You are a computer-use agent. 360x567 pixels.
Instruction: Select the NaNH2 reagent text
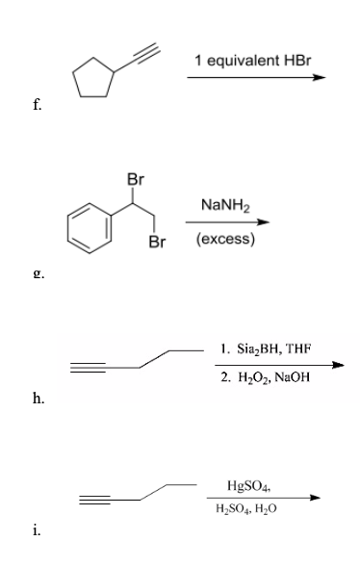point(227,204)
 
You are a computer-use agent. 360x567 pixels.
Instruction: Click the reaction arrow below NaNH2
point(235,221)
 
